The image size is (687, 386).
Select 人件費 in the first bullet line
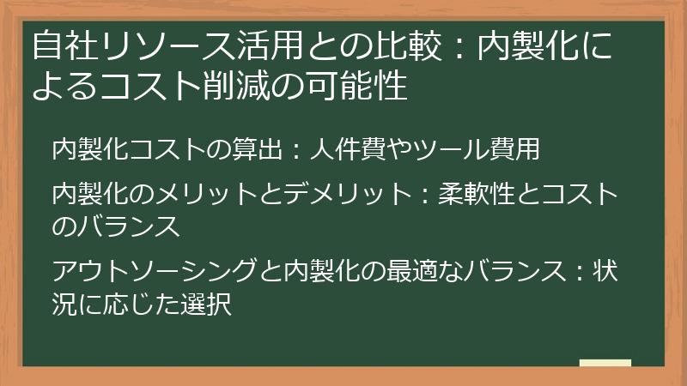point(343,149)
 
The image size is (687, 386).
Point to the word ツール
point(439,149)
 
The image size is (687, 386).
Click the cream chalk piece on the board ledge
point(605,363)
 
